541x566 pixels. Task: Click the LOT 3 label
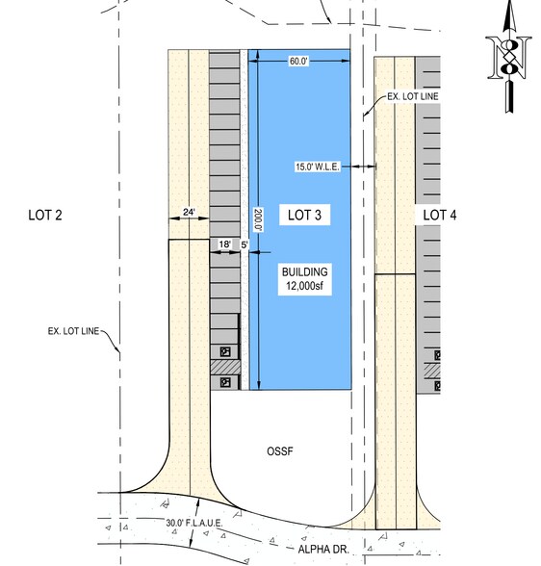pos(304,216)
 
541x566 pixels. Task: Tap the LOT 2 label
pos(45,216)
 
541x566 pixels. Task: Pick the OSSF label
pos(280,450)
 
